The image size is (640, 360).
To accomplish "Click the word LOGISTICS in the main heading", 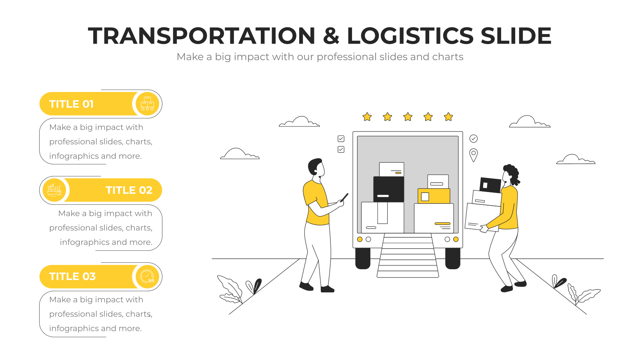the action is pos(410,36).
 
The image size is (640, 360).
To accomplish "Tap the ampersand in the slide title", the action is pos(331,36).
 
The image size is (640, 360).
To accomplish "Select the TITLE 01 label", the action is pos(72,104).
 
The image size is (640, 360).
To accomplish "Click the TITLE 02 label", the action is pos(129,190).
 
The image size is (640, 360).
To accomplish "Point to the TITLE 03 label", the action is pos(72,276).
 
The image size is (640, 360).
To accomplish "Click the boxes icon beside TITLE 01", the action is pos(148,104).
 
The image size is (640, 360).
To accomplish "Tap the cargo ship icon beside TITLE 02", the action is pos(54,190).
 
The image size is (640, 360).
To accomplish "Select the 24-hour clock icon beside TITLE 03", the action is pos(148,276).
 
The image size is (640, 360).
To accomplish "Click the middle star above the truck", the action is pos(408,117).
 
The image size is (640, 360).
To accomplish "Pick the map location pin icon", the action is pos(474,155).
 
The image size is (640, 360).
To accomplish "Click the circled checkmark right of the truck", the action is pos(474,138).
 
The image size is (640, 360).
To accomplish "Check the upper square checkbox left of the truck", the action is pos(341,138).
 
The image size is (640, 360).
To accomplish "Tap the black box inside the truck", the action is pos(388,189).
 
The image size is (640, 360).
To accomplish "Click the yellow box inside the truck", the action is pos(434,196).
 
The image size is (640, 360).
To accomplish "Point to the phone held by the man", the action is pos(345,197).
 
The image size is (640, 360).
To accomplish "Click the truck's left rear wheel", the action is pos(363,258).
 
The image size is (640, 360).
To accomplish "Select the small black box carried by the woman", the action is pos(490,185).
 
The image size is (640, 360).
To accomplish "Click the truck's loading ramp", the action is pos(408,256).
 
